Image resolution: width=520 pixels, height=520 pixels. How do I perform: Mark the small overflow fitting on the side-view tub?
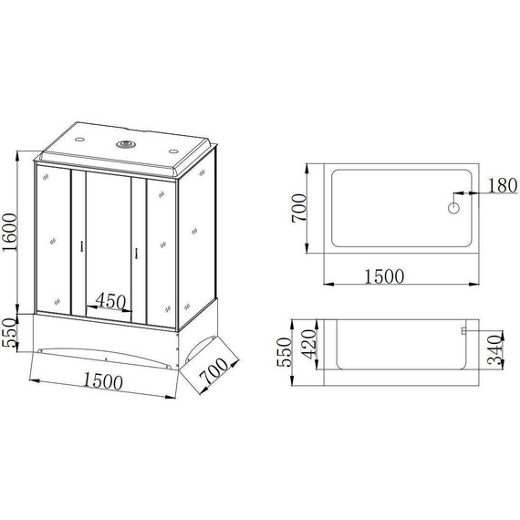[x=464, y=330]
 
